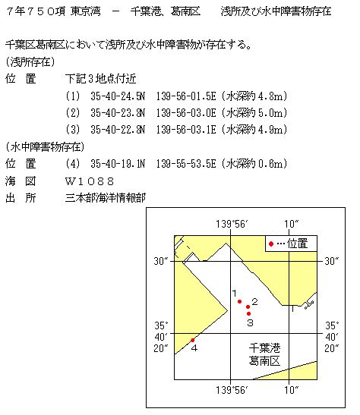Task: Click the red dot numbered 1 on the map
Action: [240, 302]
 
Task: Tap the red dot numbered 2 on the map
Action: [248, 307]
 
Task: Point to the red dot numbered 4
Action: [193, 340]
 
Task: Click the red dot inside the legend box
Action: [271, 244]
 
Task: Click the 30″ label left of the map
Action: [159, 261]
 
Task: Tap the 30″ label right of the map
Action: [332, 261]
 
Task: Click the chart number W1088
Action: [90, 181]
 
